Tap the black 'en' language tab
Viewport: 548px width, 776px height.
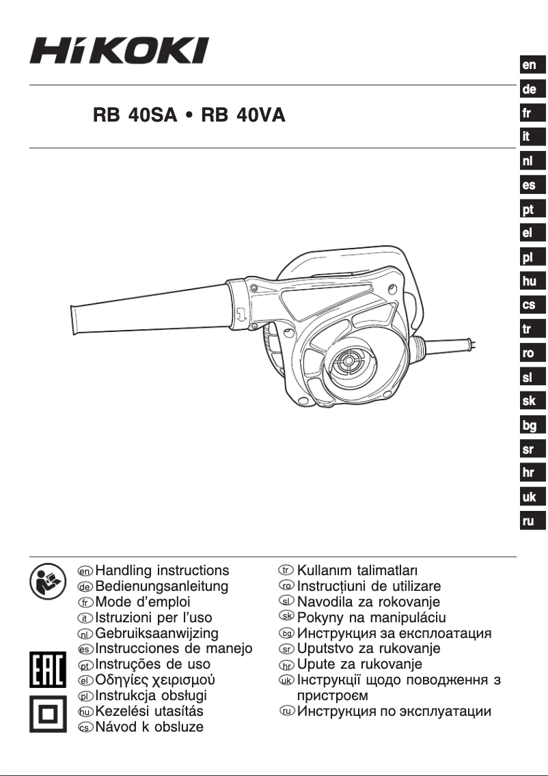coord(530,66)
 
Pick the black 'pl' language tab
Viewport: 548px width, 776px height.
coord(530,258)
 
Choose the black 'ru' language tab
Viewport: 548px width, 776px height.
coord(530,521)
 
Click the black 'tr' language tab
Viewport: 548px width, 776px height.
coord(530,329)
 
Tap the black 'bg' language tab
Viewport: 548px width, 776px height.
coord(530,426)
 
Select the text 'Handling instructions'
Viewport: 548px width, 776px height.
coord(163,570)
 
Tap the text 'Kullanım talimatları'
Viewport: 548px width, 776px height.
coord(358,570)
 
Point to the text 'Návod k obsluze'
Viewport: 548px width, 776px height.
coord(150,727)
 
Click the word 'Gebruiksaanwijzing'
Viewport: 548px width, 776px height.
coord(157,633)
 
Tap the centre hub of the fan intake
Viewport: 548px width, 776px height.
coord(356,362)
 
